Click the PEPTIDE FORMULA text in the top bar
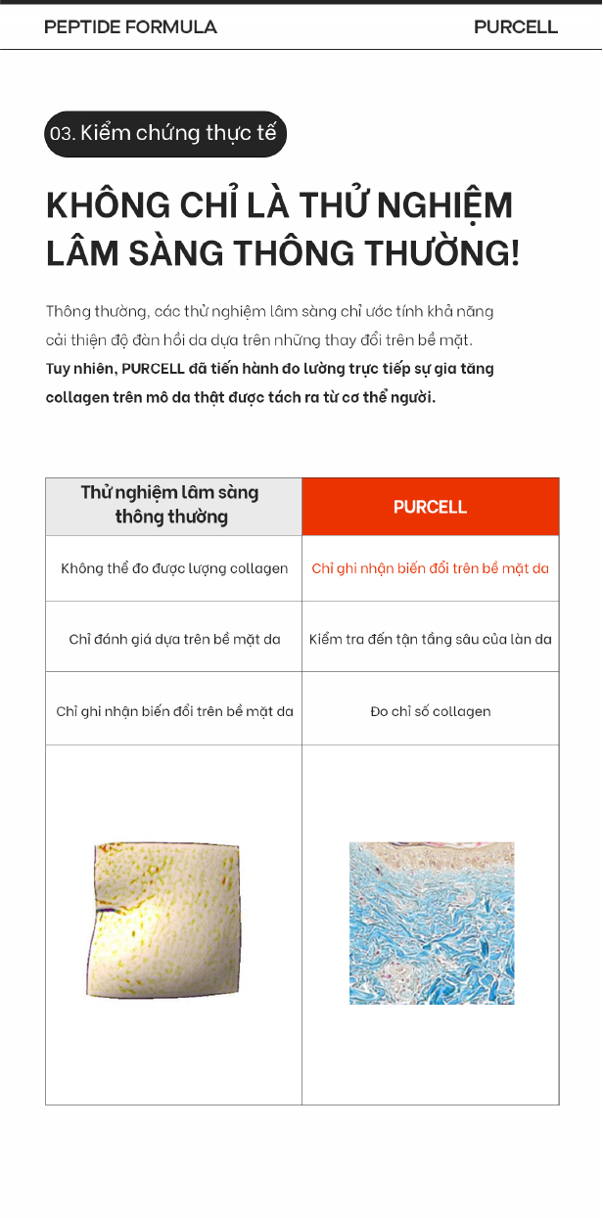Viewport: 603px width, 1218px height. [x=130, y=27]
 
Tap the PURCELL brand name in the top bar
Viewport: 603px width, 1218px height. [x=515, y=27]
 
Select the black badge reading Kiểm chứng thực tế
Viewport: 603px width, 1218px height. [x=165, y=134]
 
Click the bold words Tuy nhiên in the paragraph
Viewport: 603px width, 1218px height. [x=80, y=369]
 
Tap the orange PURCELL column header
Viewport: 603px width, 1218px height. [x=431, y=507]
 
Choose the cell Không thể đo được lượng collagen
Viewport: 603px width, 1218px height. [x=174, y=568]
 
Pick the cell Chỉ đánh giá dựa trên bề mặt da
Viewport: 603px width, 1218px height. [x=174, y=639]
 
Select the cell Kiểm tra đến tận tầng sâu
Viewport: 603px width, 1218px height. [x=431, y=639]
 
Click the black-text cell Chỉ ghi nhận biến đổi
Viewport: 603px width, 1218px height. [x=174, y=711]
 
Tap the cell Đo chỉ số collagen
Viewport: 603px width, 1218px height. [x=431, y=711]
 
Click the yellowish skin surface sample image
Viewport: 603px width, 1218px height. [x=166, y=920]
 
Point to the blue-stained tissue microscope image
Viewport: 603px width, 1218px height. [x=432, y=923]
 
